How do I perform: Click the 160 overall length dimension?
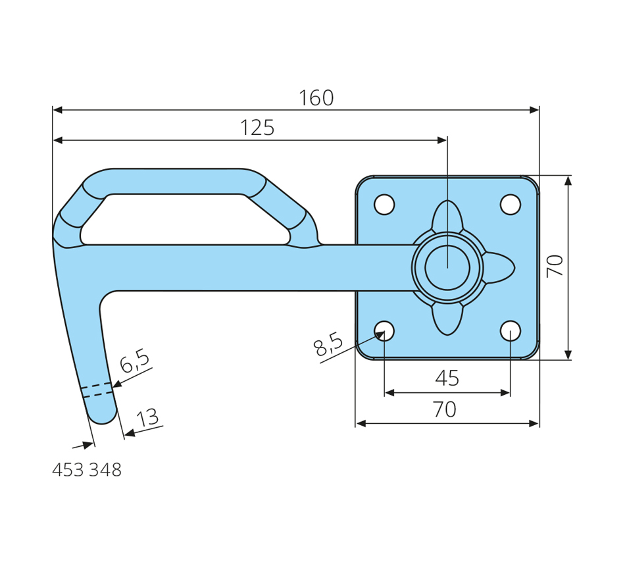(x=316, y=98)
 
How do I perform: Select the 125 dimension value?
(x=257, y=128)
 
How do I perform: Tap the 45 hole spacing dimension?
(x=447, y=378)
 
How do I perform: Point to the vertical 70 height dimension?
(x=555, y=266)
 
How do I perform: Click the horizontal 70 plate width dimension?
(x=445, y=409)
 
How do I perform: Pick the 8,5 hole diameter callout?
(x=328, y=344)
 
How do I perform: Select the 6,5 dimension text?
(x=135, y=361)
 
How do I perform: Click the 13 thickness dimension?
(x=147, y=418)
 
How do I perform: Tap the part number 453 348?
(x=87, y=470)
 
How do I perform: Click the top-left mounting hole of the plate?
(x=385, y=205)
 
